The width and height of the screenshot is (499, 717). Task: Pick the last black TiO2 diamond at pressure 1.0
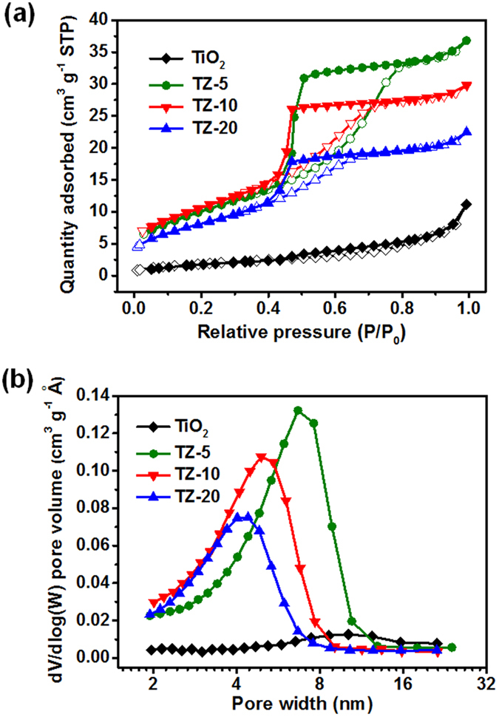point(466,204)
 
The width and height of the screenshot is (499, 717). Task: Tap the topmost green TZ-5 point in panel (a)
point(466,41)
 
